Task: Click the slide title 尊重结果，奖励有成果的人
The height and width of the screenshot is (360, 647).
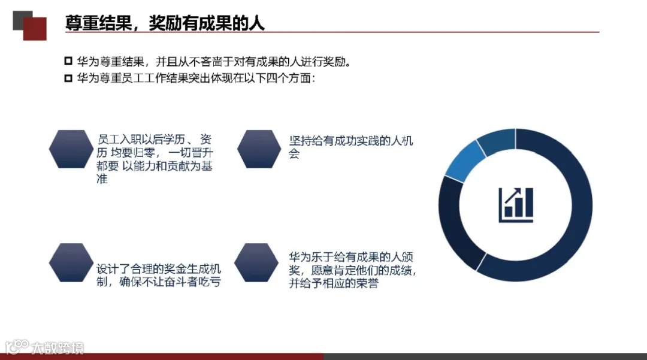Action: [x=165, y=23]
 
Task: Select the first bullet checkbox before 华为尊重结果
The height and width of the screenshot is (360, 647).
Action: [x=68, y=62]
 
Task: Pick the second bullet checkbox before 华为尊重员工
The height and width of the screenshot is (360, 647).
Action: [x=68, y=78]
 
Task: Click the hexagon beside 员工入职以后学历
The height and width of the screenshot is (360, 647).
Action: [x=71, y=149]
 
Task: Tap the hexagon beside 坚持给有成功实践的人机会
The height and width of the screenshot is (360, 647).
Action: [x=259, y=149]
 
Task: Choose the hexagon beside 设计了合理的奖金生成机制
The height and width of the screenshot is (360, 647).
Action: [x=71, y=262]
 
